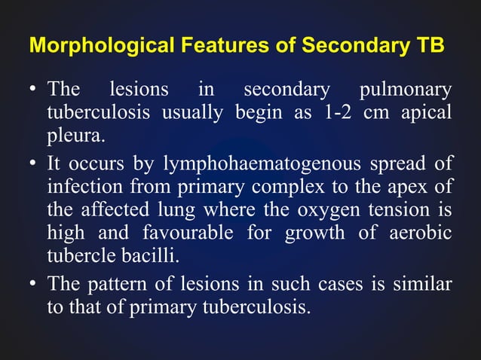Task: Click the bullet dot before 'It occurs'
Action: pyautogui.click(x=34, y=163)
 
